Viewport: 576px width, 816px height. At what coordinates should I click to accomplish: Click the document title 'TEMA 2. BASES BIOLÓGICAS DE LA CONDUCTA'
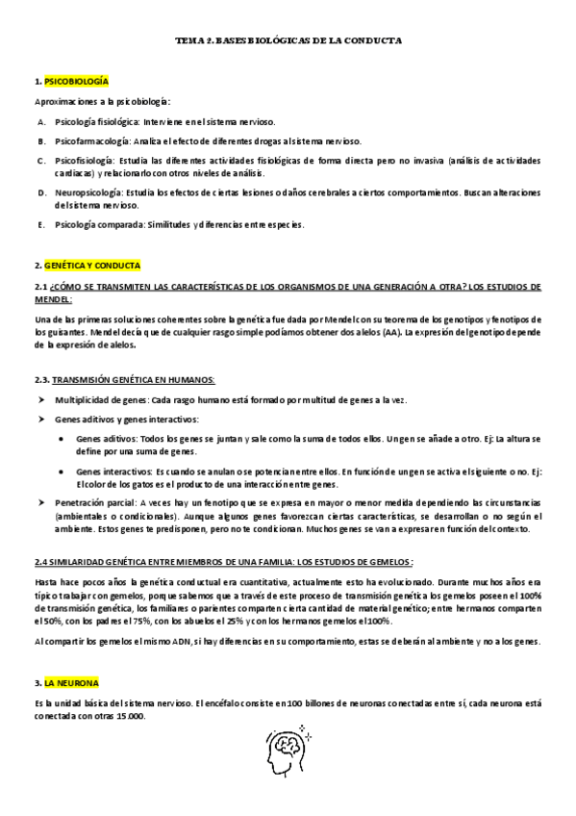tap(288, 42)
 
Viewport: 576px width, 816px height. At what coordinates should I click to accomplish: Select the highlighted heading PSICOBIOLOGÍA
tap(76, 83)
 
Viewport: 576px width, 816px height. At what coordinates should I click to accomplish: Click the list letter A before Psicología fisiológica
tap(41, 122)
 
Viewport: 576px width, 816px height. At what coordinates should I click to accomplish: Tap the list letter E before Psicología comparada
tap(41, 224)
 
